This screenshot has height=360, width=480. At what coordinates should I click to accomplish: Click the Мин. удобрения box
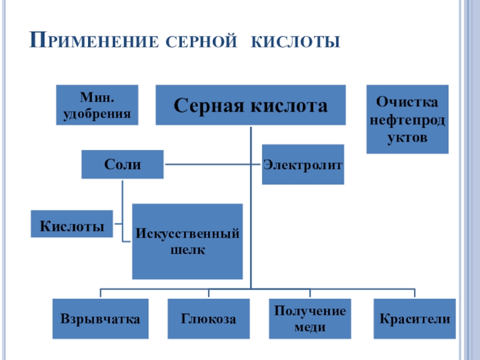point(97,104)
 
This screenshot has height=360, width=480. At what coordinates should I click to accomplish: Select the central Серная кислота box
point(250,105)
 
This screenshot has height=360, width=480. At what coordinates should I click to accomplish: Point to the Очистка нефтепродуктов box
point(407,119)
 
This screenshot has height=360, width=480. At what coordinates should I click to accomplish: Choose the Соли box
point(122,164)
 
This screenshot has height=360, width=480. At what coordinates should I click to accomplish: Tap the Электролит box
point(303,164)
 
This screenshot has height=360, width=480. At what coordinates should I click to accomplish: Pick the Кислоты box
point(71,223)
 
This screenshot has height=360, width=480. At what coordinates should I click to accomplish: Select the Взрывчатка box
point(100,319)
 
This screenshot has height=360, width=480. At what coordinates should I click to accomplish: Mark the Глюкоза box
point(208,319)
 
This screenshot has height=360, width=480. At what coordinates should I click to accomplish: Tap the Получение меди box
point(310,319)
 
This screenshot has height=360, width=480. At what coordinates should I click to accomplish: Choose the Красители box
point(415,319)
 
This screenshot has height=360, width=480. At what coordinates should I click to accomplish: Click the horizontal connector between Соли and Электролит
point(210,164)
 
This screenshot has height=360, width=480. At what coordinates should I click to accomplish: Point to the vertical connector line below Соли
point(122,198)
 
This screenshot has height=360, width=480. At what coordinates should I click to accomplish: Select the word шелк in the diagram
point(187,249)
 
